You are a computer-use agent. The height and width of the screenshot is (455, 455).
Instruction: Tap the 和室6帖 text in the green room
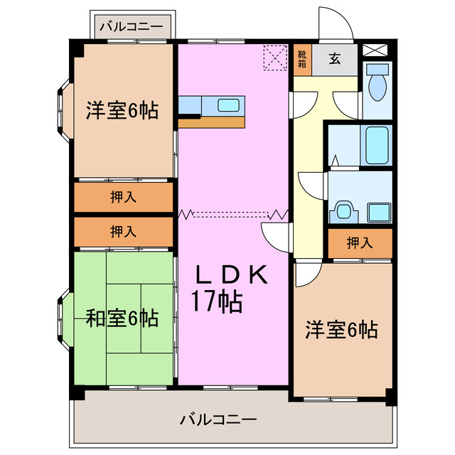click(x=122, y=318)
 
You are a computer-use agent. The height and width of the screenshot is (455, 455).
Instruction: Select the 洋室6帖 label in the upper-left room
click(x=122, y=110)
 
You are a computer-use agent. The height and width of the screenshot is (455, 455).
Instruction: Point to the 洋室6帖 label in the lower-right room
click(x=342, y=329)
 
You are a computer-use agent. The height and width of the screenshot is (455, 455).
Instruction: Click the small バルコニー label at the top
click(x=131, y=27)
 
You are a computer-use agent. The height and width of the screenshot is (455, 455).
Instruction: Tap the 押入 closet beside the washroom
click(x=360, y=243)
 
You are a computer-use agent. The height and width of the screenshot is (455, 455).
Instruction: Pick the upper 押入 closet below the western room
click(x=124, y=198)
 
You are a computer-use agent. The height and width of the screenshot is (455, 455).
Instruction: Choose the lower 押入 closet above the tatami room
click(x=124, y=231)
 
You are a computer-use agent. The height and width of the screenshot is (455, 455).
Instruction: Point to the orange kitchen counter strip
click(x=212, y=122)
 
